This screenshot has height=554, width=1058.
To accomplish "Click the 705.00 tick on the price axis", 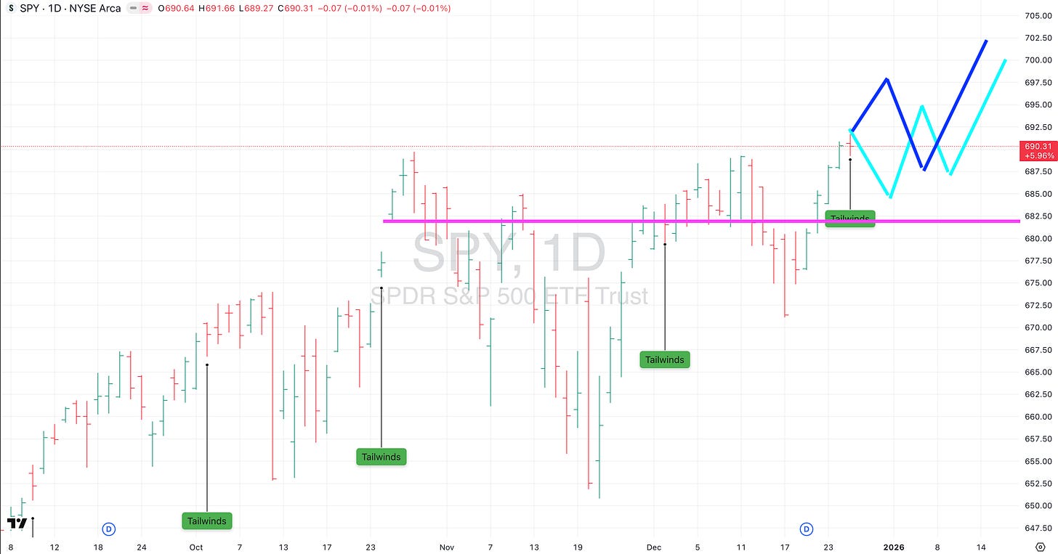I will pos(1038,15).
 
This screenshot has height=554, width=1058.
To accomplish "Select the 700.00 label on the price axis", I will pos(1038,60).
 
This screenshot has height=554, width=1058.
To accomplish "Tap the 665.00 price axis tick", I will pos(1038,372).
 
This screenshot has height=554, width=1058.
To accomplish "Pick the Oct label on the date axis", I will pos(196,547).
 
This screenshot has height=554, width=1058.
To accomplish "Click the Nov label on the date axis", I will pos(446,547).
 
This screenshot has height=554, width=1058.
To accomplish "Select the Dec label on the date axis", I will pos(653,547).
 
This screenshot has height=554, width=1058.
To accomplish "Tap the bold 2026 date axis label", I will pos(894,547).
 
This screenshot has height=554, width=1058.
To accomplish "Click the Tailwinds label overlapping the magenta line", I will pos(850,218).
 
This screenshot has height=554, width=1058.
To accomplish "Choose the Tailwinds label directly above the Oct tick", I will pos(207,521).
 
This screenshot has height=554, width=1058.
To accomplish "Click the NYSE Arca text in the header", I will pos(94,8).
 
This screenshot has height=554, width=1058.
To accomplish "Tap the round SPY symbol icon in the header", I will pos(11,8).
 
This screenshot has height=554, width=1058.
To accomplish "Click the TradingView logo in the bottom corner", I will pos(17,523).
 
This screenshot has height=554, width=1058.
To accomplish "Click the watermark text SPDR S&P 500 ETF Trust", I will pos(509,296).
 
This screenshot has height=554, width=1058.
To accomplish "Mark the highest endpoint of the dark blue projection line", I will pos(986,41).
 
